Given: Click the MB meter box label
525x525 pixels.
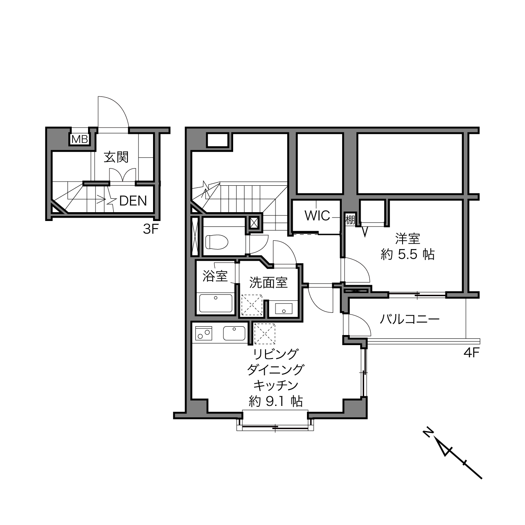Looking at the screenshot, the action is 80,140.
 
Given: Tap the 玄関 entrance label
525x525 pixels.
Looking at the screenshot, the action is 116,157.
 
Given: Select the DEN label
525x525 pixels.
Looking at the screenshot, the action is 133,201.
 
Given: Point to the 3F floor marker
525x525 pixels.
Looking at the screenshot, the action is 151,229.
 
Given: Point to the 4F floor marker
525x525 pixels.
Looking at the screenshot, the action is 471,353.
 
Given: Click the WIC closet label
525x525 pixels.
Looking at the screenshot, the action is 317,216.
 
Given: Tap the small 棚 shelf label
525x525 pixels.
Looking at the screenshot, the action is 351,219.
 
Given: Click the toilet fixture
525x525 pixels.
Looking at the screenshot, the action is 217,242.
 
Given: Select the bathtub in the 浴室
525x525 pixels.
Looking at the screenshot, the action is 216,303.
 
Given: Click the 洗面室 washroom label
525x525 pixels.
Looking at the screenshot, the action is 268,283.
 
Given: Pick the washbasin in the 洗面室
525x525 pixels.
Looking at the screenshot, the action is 283,309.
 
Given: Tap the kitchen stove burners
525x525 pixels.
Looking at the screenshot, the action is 203,333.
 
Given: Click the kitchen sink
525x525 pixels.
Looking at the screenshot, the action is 234,333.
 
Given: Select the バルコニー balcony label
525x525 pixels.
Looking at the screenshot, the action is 410,319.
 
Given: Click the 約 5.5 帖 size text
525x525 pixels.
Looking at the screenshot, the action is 408,255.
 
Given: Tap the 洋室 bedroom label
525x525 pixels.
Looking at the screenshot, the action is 408,239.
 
